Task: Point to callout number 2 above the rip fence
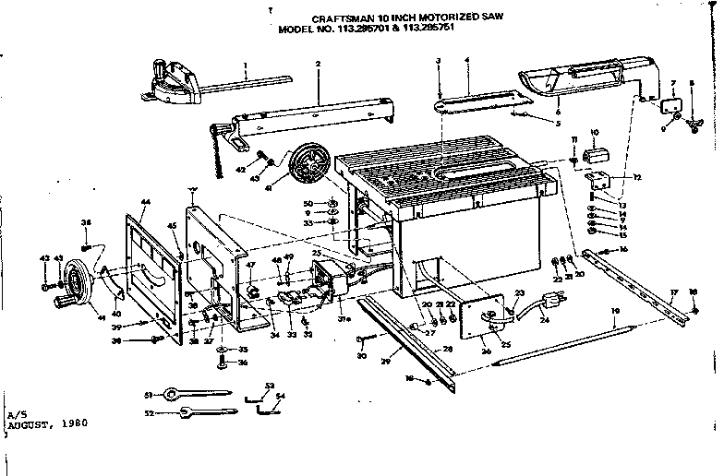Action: [317, 64]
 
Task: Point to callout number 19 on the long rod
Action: [614, 313]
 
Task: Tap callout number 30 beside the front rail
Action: [361, 356]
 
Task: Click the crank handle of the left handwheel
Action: [67, 302]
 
